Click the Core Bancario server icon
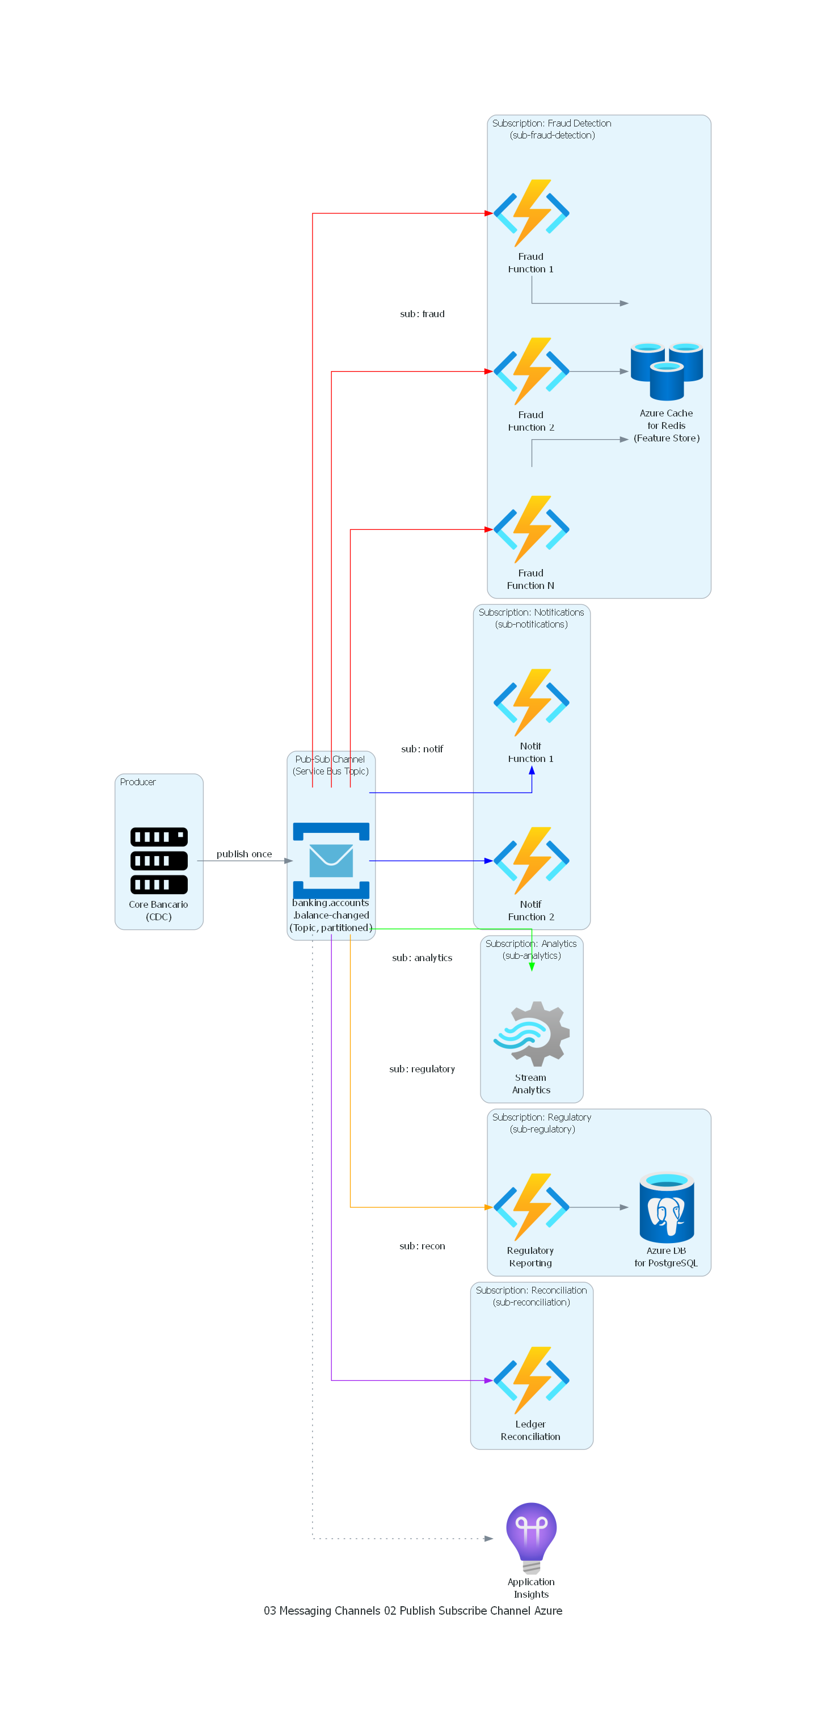pyautogui.click(x=159, y=860)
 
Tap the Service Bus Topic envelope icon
pyautogui.click(x=331, y=860)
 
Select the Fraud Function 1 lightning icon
pyautogui.click(x=531, y=213)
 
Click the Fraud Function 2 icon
pyautogui.click(x=531, y=371)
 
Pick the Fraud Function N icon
pyautogui.click(x=531, y=529)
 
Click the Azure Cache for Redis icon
pyautogui.click(x=666, y=371)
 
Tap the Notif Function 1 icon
pyautogui.click(x=531, y=702)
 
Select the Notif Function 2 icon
pyautogui.click(x=531, y=860)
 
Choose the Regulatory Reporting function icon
pyautogui.click(x=531, y=1206)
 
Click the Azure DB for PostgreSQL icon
pyautogui.click(x=666, y=1206)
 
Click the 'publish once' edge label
pyautogui.click(x=244, y=853)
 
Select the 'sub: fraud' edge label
pyautogui.click(x=422, y=314)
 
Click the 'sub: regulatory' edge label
pyautogui.click(x=422, y=1068)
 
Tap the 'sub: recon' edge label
pyautogui.click(x=422, y=1245)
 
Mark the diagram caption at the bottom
pyautogui.click(x=412, y=1610)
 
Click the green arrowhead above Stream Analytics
pyautogui.click(x=532, y=966)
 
